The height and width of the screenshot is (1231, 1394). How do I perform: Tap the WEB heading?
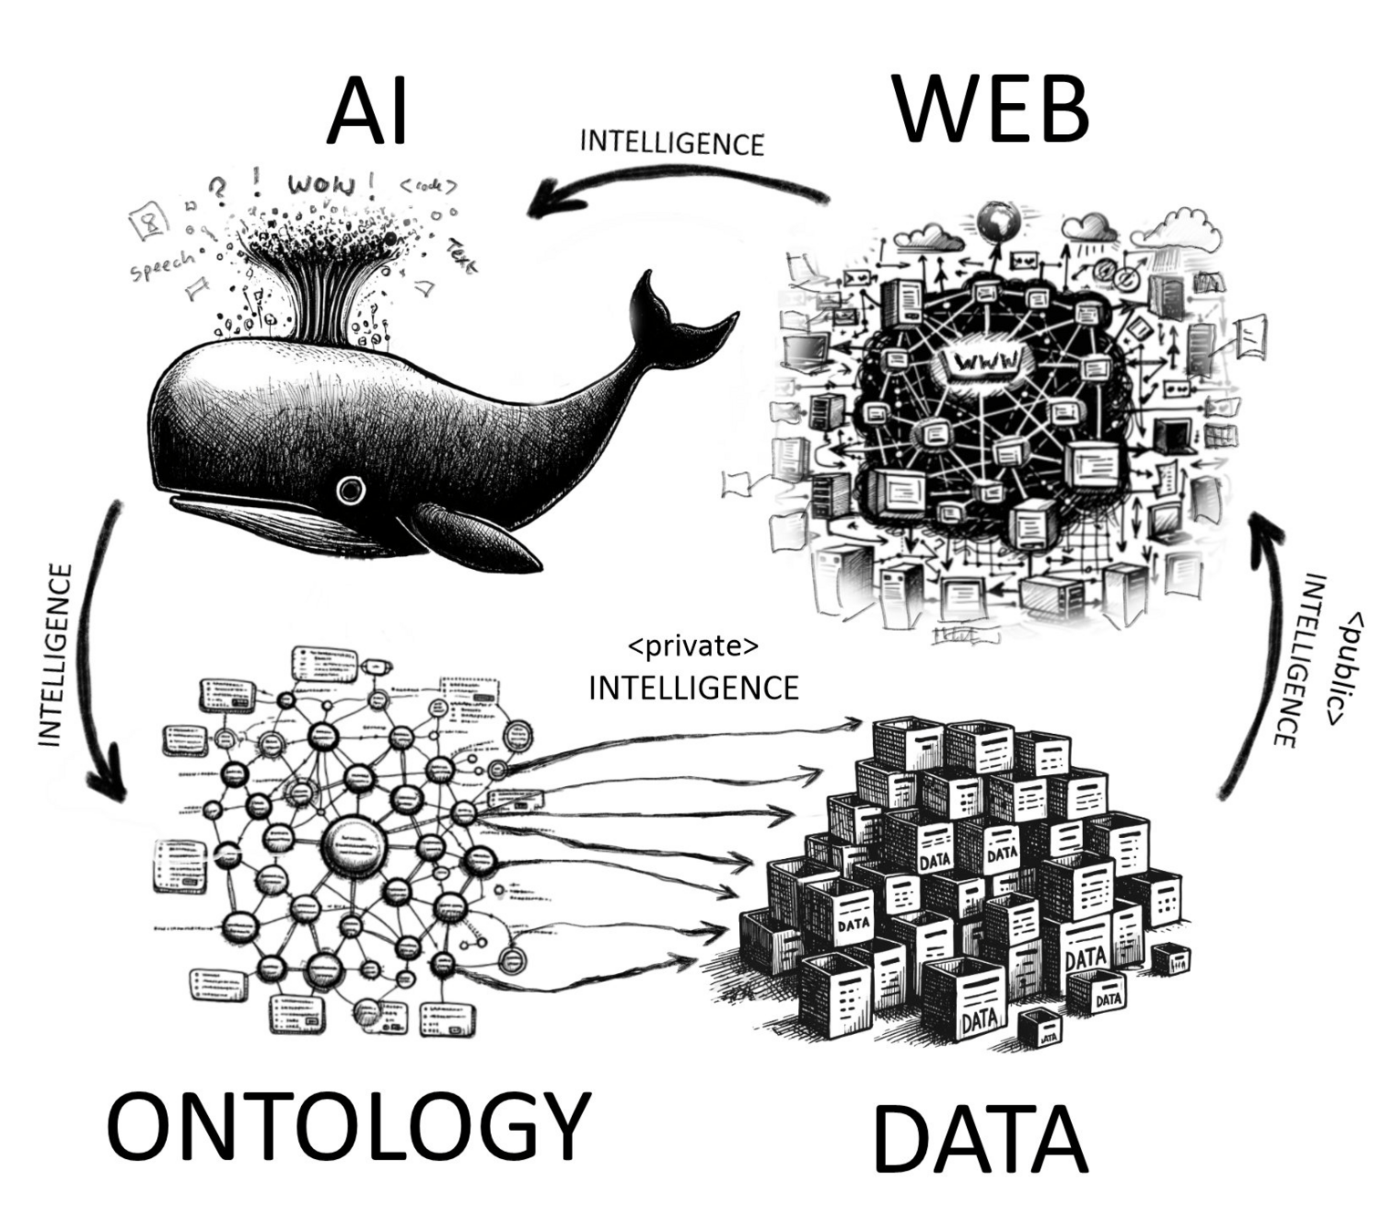(x=991, y=109)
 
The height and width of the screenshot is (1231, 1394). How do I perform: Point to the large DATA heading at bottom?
(x=980, y=1139)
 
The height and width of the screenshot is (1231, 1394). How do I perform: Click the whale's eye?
(x=349, y=490)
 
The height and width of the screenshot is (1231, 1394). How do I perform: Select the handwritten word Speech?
(x=162, y=264)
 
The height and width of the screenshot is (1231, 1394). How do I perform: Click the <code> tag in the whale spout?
(x=428, y=186)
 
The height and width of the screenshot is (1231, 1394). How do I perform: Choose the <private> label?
(x=692, y=646)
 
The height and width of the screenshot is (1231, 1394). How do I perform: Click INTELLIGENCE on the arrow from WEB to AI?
(x=671, y=143)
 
